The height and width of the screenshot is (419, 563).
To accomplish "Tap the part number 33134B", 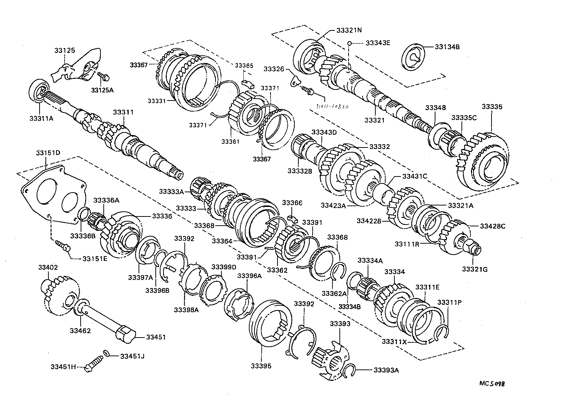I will coord(447,47).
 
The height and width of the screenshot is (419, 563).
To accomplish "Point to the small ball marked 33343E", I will coord(350,43).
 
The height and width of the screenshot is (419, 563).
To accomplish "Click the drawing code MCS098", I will coord(492,384).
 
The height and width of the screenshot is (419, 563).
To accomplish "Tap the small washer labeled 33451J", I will coord(106,353).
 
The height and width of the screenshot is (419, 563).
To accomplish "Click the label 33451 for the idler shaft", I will coord(156,337).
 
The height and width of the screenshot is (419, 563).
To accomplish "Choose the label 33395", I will coord(261,366).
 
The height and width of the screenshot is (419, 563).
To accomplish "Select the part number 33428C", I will coord(492,226).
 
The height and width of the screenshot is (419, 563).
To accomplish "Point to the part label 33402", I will coord(48,267).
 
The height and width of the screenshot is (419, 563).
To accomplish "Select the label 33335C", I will coord(464,118).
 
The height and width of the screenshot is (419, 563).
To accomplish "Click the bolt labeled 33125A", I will coord(103,76).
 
